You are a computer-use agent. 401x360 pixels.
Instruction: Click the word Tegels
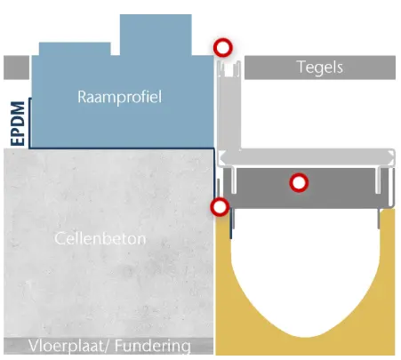click(320, 68)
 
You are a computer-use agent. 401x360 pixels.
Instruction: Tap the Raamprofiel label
click(120, 97)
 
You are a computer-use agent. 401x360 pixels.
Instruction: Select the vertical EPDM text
click(18, 124)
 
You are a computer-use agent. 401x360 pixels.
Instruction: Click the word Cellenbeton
click(100, 238)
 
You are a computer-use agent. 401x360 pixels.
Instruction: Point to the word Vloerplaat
click(69, 346)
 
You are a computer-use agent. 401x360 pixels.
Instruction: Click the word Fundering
click(153, 346)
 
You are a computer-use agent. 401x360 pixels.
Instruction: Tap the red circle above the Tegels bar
click(223, 47)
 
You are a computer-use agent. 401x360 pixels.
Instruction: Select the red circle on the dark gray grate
click(299, 182)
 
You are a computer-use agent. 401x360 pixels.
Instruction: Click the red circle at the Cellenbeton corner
click(220, 207)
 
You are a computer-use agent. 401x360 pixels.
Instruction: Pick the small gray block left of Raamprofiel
click(17, 68)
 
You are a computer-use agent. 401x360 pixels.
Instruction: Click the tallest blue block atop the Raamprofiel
click(156, 35)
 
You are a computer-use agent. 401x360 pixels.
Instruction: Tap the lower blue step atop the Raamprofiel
click(75, 49)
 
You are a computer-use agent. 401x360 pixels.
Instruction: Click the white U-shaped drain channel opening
click(305, 267)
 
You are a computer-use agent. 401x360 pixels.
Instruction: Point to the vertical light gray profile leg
click(229, 113)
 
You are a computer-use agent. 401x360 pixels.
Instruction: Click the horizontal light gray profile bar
click(306, 157)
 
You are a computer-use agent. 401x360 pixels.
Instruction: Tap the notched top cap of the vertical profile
click(229, 68)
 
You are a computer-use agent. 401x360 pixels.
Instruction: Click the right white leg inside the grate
click(378, 180)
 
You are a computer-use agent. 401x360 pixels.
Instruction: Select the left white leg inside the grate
click(234, 180)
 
